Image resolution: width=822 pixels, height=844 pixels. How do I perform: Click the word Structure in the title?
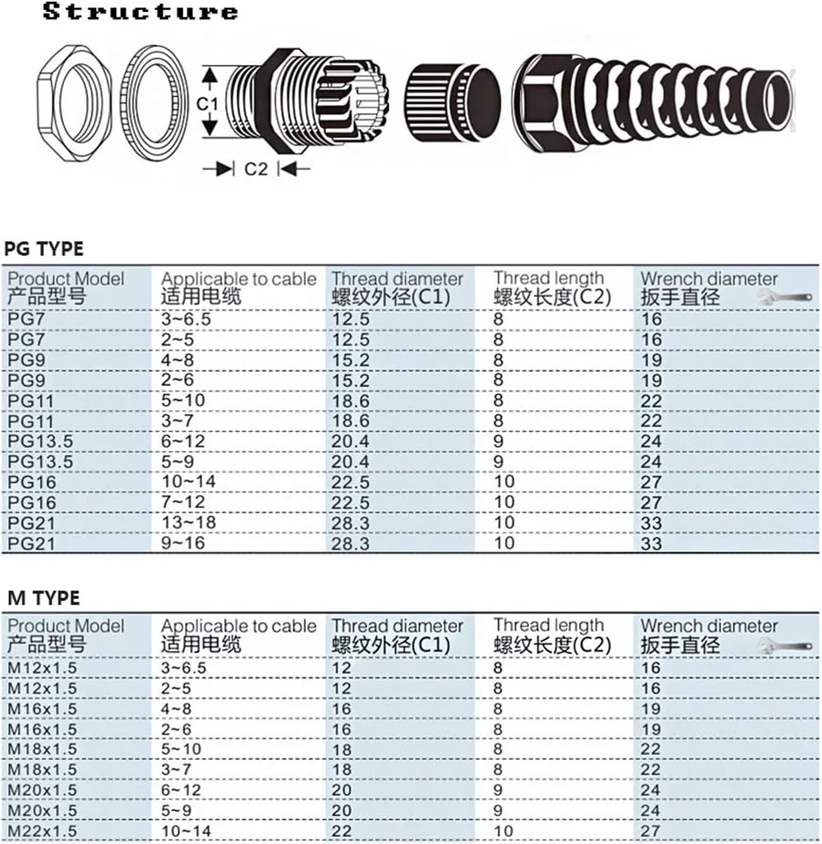click(x=140, y=12)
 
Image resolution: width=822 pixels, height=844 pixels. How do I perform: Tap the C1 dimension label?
click(x=207, y=103)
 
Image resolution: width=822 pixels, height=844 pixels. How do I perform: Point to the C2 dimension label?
click(x=256, y=169)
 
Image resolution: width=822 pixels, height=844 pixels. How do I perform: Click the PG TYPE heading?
click(x=44, y=249)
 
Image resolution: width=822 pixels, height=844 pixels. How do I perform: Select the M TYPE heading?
click(x=44, y=598)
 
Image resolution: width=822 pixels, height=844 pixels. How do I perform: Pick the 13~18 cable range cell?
click(x=188, y=523)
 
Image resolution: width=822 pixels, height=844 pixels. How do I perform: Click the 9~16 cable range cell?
click(x=183, y=543)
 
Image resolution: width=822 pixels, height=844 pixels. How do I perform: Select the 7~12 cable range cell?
click(x=183, y=502)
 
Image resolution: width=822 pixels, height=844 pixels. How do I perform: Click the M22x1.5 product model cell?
click(x=42, y=831)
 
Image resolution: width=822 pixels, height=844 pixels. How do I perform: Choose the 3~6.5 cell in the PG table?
click(x=186, y=319)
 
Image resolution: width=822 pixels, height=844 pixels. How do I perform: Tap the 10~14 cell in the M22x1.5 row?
click(x=186, y=831)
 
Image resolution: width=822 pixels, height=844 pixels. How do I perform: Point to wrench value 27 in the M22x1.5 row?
click(x=650, y=831)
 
